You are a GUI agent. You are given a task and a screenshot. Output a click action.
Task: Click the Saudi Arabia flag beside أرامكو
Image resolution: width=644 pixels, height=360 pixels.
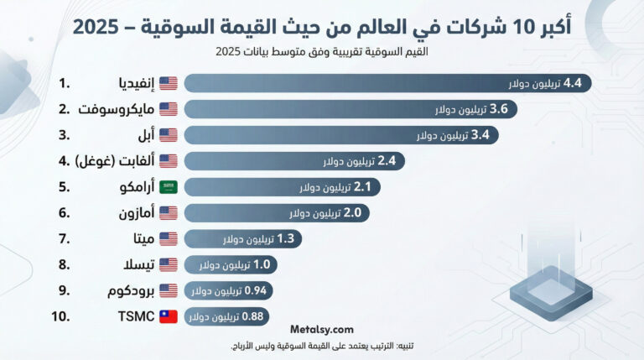point(168,187)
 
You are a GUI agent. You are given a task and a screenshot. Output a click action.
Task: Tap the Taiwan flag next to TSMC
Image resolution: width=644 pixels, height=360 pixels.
point(168,317)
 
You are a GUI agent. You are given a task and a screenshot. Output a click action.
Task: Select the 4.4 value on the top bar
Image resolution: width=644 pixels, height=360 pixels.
point(578,83)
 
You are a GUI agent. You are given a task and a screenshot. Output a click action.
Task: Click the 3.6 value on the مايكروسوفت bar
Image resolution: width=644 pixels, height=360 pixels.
point(498,109)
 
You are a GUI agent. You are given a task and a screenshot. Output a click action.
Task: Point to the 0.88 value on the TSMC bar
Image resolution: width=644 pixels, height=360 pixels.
point(253,317)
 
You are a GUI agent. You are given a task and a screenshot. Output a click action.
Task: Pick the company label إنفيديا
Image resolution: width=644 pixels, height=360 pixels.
point(134,83)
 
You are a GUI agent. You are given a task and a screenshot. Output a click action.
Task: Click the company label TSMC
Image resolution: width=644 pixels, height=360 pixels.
point(127,317)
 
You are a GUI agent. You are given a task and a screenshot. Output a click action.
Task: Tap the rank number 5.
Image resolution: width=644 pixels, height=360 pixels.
point(64,187)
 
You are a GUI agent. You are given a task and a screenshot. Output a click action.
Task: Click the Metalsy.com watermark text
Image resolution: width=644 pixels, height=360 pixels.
point(322,330)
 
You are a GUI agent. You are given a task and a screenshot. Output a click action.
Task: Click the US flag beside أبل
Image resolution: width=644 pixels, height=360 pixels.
point(168,135)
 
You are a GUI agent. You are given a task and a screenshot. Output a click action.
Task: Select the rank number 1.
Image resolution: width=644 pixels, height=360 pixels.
point(64,83)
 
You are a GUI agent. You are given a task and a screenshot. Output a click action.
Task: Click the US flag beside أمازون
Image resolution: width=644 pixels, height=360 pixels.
point(168,213)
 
